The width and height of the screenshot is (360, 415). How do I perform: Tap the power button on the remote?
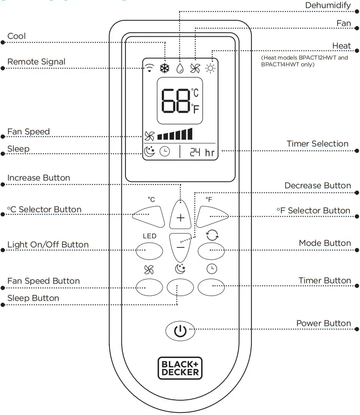pos(180,331)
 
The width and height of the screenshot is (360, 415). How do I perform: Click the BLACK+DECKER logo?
pos(180,367)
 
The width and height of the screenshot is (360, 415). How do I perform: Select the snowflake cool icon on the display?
pos(164,68)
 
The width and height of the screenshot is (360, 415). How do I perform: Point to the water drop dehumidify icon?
pos(180,68)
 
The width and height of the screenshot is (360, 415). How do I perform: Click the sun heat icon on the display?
pos(210,68)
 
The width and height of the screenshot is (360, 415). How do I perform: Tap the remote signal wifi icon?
pos(149,68)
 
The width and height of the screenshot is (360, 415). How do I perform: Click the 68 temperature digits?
pos(175,100)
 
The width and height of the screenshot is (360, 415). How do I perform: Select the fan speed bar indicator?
pos(175,135)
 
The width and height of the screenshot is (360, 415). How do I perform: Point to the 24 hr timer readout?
pos(202,152)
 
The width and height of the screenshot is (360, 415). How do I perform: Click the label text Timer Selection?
pos(317,144)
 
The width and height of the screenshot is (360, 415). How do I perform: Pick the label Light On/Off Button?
pos(48,245)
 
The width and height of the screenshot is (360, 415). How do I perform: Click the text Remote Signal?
pos(36,62)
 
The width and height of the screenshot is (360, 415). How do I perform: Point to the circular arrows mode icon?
pos(212,236)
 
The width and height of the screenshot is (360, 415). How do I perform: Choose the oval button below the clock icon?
pos(212,287)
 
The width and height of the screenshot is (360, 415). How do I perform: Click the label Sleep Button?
pos(33,298)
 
